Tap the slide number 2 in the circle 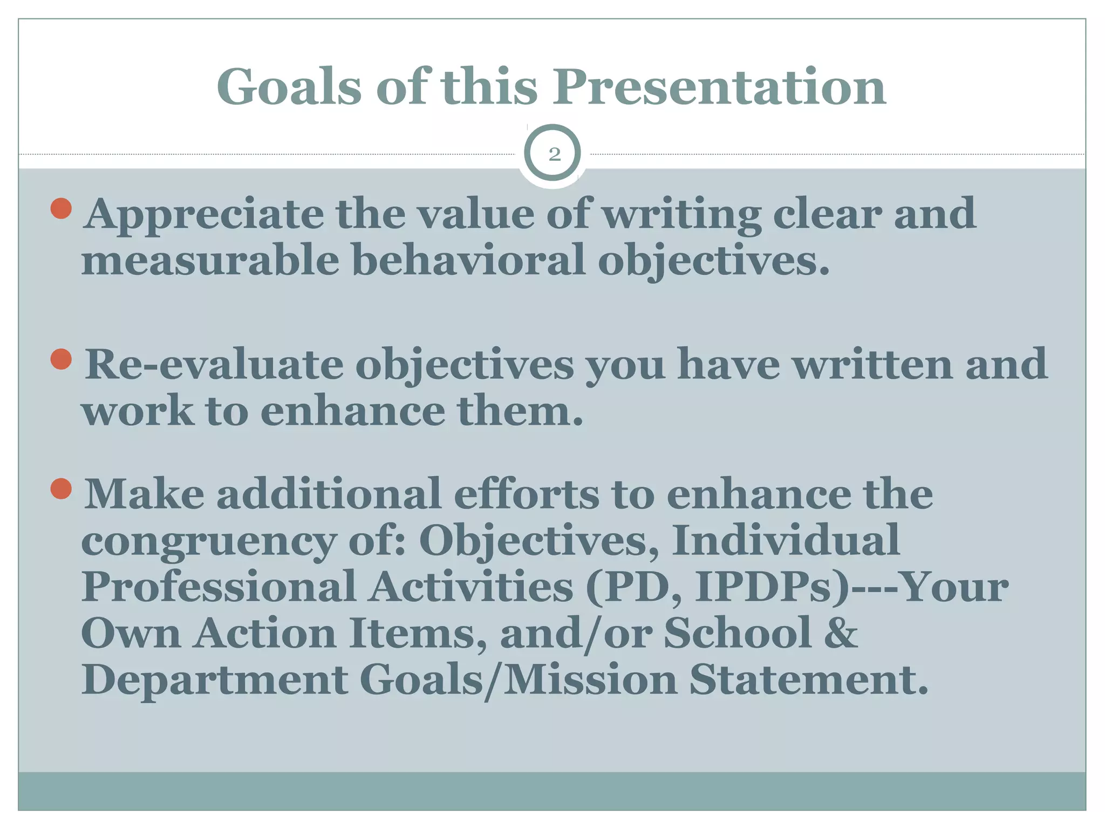(554, 155)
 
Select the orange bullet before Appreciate (61, 208)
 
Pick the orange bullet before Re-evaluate (61, 359)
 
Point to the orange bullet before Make (61, 489)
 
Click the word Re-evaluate (214, 365)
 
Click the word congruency (208, 541)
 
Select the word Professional (219, 587)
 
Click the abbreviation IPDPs (772, 587)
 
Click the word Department (215, 680)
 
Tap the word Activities (471, 587)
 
